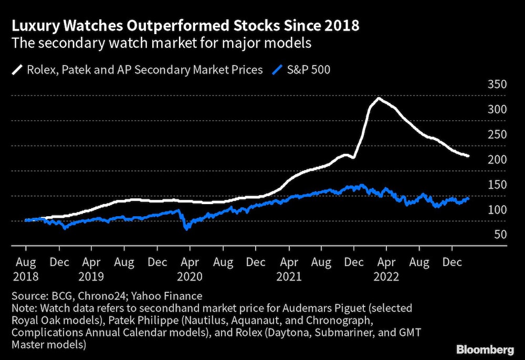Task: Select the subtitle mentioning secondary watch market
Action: pos(162,43)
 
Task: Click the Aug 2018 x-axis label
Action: pos(26,268)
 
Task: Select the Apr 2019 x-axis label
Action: pos(92,268)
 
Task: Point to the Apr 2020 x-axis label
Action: pos(190,268)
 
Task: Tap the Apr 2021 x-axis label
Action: pos(288,268)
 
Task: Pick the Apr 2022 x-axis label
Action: pos(386,268)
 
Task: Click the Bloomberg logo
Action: pos(485,348)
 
